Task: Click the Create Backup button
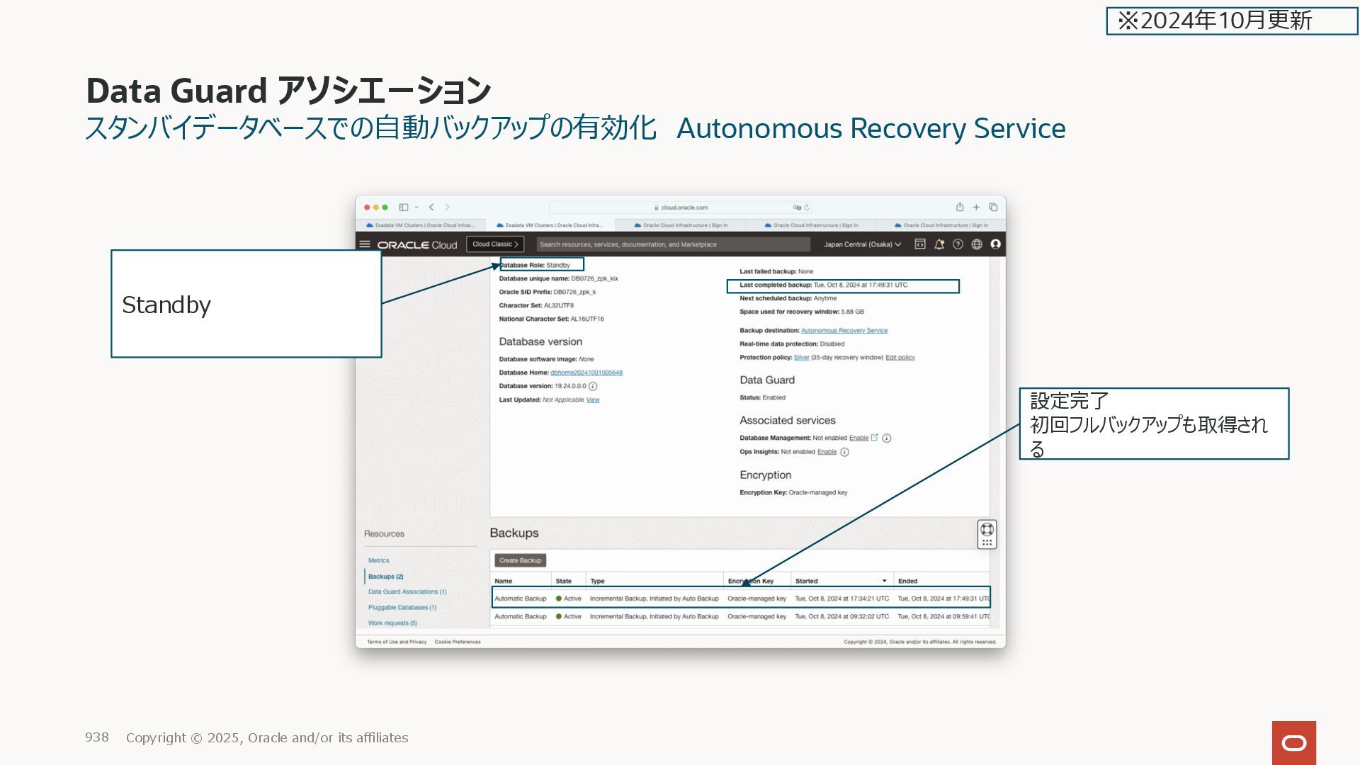pyautogui.click(x=520, y=560)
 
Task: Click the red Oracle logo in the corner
pyautogui.click(x=1293, y=742)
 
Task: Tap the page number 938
pyautogui.click(x=97, y=737)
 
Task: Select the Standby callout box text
pyautogui.click(x=166, y=305)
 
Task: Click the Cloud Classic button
pyautogui.click(x=495, y=244)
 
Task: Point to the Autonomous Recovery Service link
pyautogui.click(x=844, y=331)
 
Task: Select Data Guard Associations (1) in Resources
pyautogui.click(x=407, y=592)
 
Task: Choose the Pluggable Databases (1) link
pyautogui.click(x=402, y=608)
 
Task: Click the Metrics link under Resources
pyautogui.click(x=378, y=560)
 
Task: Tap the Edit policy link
pyautogui.click(x=900, y=358)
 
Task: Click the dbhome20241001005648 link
pyautogui.click(x=586, y=373)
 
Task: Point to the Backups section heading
pyautogui.click(x=514, y=533)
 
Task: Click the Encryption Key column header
pyautogui.click(x=750, y=581)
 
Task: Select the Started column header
pyautogui.click(x=806, y=581)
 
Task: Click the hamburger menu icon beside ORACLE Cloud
pyautogui.click(x=365, y=244)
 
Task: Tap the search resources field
pyautogui.click(x=673, y=244)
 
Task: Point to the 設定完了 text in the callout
pyautogui.click(x=1069, y=401)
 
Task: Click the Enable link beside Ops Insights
pyautogui.click(x=827, y=452)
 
